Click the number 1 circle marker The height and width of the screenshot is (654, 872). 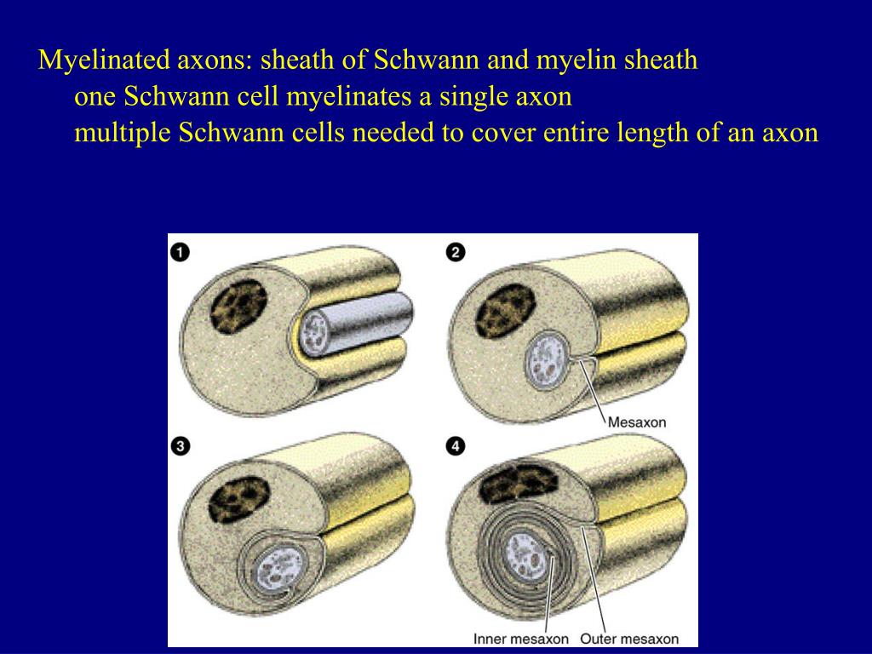click(180, 252)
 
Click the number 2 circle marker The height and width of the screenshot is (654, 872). click(455, 252)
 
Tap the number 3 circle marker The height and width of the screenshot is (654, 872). click(180, 446)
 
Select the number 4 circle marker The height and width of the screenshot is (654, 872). click(455, 446)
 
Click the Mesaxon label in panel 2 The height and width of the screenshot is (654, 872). click(637, 422)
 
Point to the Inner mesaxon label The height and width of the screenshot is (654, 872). click(520, 639)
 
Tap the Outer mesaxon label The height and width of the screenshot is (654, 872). click(629, 639)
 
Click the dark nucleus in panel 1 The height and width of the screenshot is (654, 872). click(238, 306)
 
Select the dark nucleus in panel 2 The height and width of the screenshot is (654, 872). click(505, 310)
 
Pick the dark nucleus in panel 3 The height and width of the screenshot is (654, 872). click(239, 501)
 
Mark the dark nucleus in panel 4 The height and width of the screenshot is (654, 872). click(519, 484)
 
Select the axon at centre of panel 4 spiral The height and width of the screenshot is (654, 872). click(524, 556)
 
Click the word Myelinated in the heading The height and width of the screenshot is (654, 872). click(104, 60)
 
